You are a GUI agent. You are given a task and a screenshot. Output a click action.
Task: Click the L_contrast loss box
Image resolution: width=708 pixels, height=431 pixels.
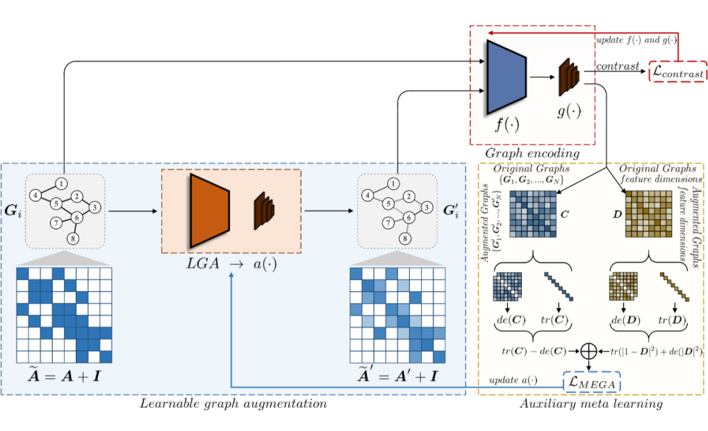(x=677, y=71)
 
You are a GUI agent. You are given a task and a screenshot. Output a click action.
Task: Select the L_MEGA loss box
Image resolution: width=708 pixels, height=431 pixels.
(x=591, y=381)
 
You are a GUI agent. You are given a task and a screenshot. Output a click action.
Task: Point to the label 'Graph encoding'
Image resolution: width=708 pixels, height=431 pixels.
(x=534, y=152)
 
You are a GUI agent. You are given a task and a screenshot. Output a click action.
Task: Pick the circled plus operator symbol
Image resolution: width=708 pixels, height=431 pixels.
(x=591, y=351)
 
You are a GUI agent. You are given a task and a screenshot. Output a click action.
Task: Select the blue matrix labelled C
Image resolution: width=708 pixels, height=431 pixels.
(x=534, y=215)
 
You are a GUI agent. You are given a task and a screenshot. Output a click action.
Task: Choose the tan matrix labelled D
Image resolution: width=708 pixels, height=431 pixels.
(x=649, y=215)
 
